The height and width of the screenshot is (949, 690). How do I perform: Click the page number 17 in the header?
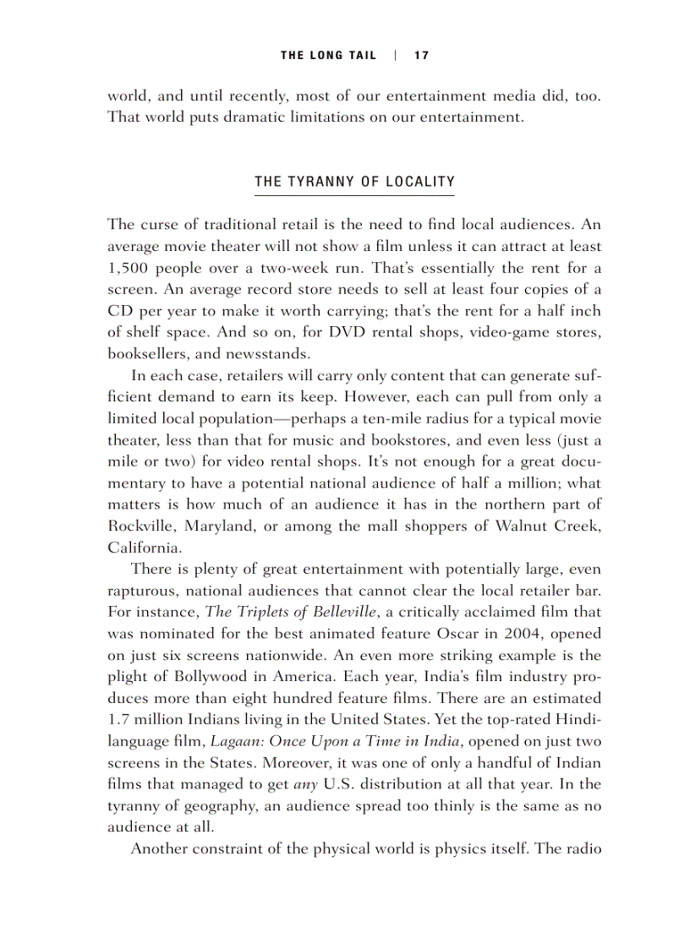click(x=421, y=56)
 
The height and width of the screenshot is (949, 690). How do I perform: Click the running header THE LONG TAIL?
click(x=328, y=56)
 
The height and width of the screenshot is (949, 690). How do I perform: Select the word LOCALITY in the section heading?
click(x=420, y=182)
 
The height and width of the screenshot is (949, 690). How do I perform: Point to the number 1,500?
click(x=126, y=269)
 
